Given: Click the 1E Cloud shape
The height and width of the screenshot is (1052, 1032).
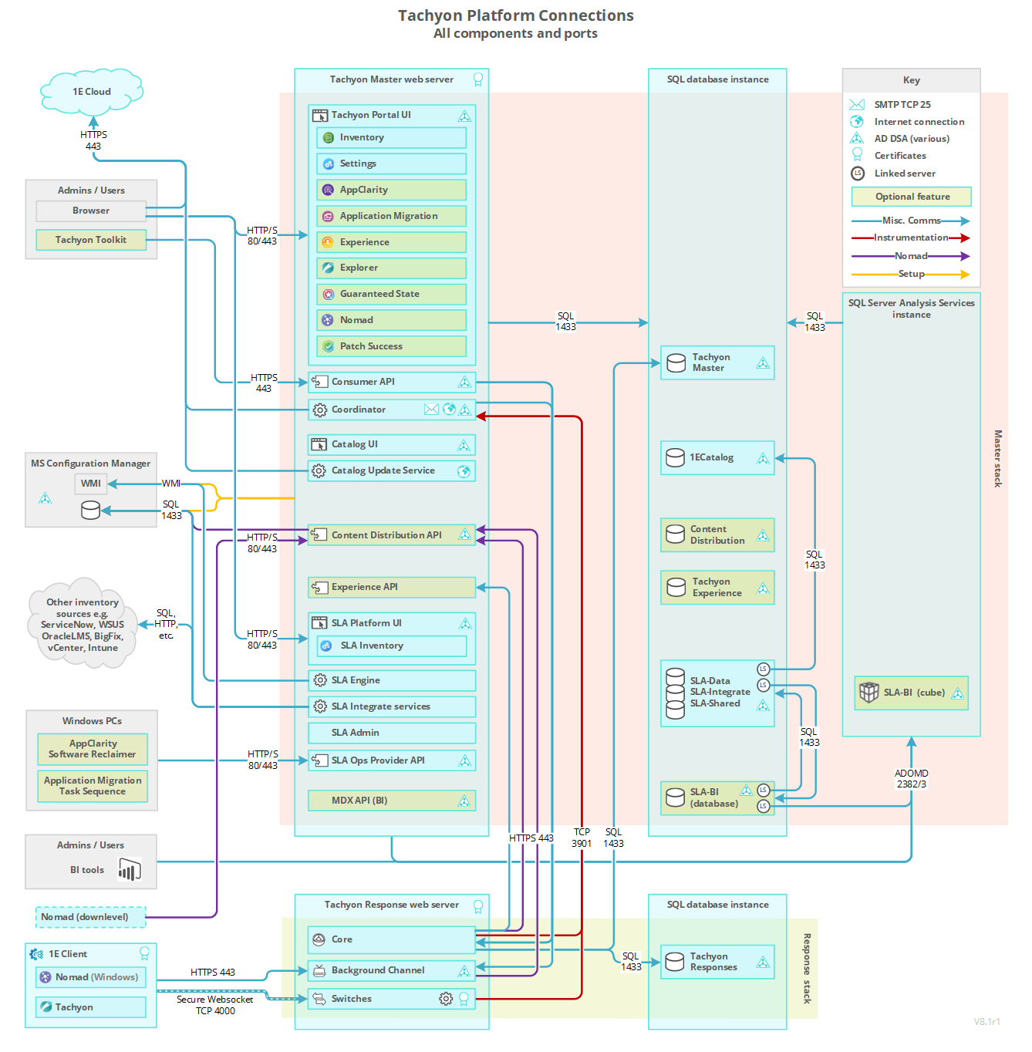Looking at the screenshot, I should [x=92, y=92].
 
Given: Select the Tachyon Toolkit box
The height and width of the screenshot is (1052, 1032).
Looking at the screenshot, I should [x=91, y=240].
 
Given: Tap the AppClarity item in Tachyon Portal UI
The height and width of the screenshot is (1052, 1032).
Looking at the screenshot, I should [x=391, y=190].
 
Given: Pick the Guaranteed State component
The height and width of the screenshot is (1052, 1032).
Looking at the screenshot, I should [x=391, y=294].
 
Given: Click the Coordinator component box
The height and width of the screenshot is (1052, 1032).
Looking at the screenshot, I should [x=391, y=410].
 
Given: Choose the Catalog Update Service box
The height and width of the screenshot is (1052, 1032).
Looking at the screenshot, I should [x=391, y=470].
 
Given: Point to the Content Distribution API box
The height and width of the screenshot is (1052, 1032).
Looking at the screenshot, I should [x=391, y=535].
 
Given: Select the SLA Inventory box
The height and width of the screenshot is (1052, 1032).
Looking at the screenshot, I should [x=391, y=646].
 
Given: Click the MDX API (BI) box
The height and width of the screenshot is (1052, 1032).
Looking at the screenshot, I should [x=391, y=801].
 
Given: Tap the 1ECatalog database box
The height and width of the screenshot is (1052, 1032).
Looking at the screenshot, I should [x=717, y=458].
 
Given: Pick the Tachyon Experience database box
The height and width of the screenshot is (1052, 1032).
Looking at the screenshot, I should [x=717, y=588].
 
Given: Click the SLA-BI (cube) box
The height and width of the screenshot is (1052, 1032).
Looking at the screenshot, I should [x=912, y=693].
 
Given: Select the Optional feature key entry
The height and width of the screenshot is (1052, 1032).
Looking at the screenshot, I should [x=912, y=197].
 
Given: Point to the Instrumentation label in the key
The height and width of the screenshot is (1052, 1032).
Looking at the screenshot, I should [x=911, y=238].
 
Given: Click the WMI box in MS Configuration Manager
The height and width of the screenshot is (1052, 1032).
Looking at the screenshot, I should [x=91, y=484].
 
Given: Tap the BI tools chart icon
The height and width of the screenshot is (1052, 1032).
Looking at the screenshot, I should [x=130, y=870].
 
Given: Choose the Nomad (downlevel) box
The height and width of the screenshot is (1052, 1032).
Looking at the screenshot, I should [x=90, y=917].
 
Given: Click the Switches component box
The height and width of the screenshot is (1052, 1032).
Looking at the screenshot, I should [x=391, y=999].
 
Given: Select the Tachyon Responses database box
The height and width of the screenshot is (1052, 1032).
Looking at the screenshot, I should [x=717, y=962].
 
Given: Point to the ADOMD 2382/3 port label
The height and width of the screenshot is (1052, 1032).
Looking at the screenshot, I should [x=912, y=779].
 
